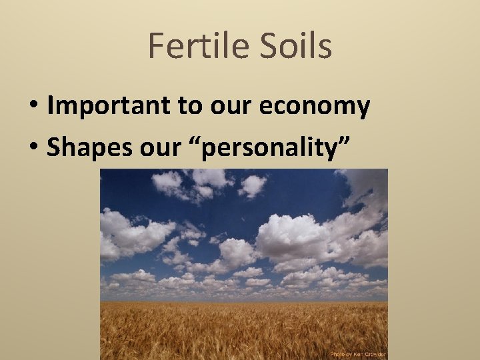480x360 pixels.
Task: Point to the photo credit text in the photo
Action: (x=359, y=354)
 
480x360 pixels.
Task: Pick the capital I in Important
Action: (x=51, y=106)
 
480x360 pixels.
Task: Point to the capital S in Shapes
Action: (x=53, y=148)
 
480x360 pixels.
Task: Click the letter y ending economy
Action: (x=363, y=109)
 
